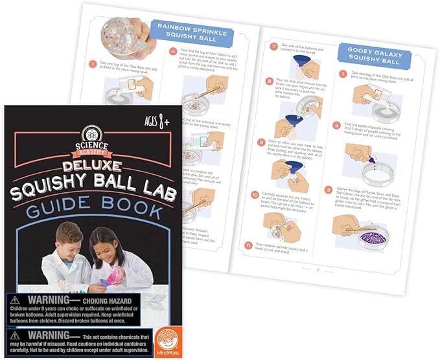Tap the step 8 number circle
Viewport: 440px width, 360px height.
(270, 82)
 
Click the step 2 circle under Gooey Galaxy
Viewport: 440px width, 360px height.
(336, 125)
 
